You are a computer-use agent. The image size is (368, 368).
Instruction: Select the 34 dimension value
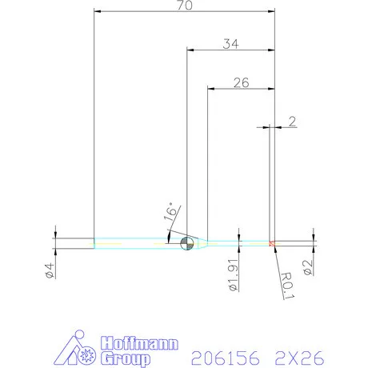[231, 44]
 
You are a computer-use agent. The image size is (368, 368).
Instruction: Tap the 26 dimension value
[241, 82]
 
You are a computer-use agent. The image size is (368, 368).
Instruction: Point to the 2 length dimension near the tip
[293, 122]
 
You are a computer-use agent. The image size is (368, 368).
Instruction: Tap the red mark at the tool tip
[273, 242]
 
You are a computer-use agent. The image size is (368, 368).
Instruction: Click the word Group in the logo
[127, 358]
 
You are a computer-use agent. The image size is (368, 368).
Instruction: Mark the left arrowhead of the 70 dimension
[98, 11]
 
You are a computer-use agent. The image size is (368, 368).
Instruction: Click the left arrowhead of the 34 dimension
[190, 50]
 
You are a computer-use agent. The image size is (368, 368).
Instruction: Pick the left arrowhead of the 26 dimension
[211, 87]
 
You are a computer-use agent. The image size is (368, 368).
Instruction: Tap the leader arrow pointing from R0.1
[274, 249]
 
